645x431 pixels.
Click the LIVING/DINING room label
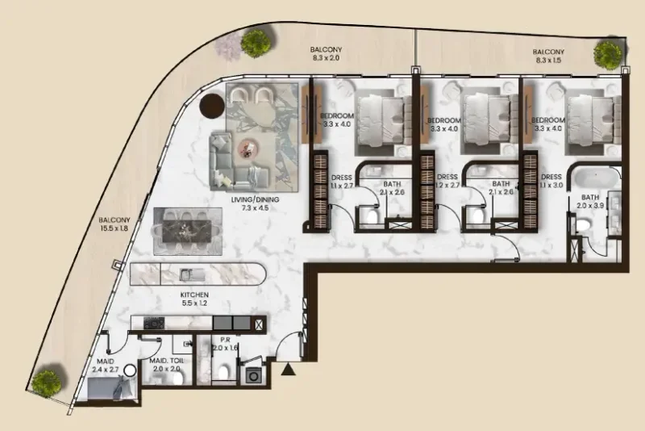point(250,202)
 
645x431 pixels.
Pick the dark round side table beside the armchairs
point(213,106)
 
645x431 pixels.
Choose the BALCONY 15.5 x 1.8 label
point(114,224)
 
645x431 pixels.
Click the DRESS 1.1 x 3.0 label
point(551,182)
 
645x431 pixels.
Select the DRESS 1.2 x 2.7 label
point(447,182)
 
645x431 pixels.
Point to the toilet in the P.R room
point(226,369)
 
